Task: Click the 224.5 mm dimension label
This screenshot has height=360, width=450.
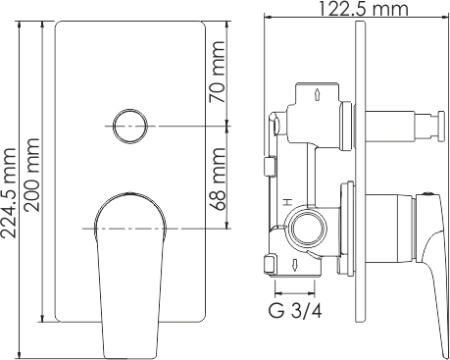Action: pos(8,193)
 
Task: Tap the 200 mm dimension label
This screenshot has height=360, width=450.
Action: pos(32,175)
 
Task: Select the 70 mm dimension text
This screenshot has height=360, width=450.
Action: pos(217,71)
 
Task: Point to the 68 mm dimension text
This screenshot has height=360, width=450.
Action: pos(218,179)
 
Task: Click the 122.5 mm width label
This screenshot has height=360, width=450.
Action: pos(364,8)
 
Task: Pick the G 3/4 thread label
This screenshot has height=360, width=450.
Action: pos(295,311)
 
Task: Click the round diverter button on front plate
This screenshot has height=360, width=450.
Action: pos(130,126)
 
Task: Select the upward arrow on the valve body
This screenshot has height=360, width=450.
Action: pos(317,94)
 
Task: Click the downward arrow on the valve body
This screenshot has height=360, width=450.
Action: pos(295,265)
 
